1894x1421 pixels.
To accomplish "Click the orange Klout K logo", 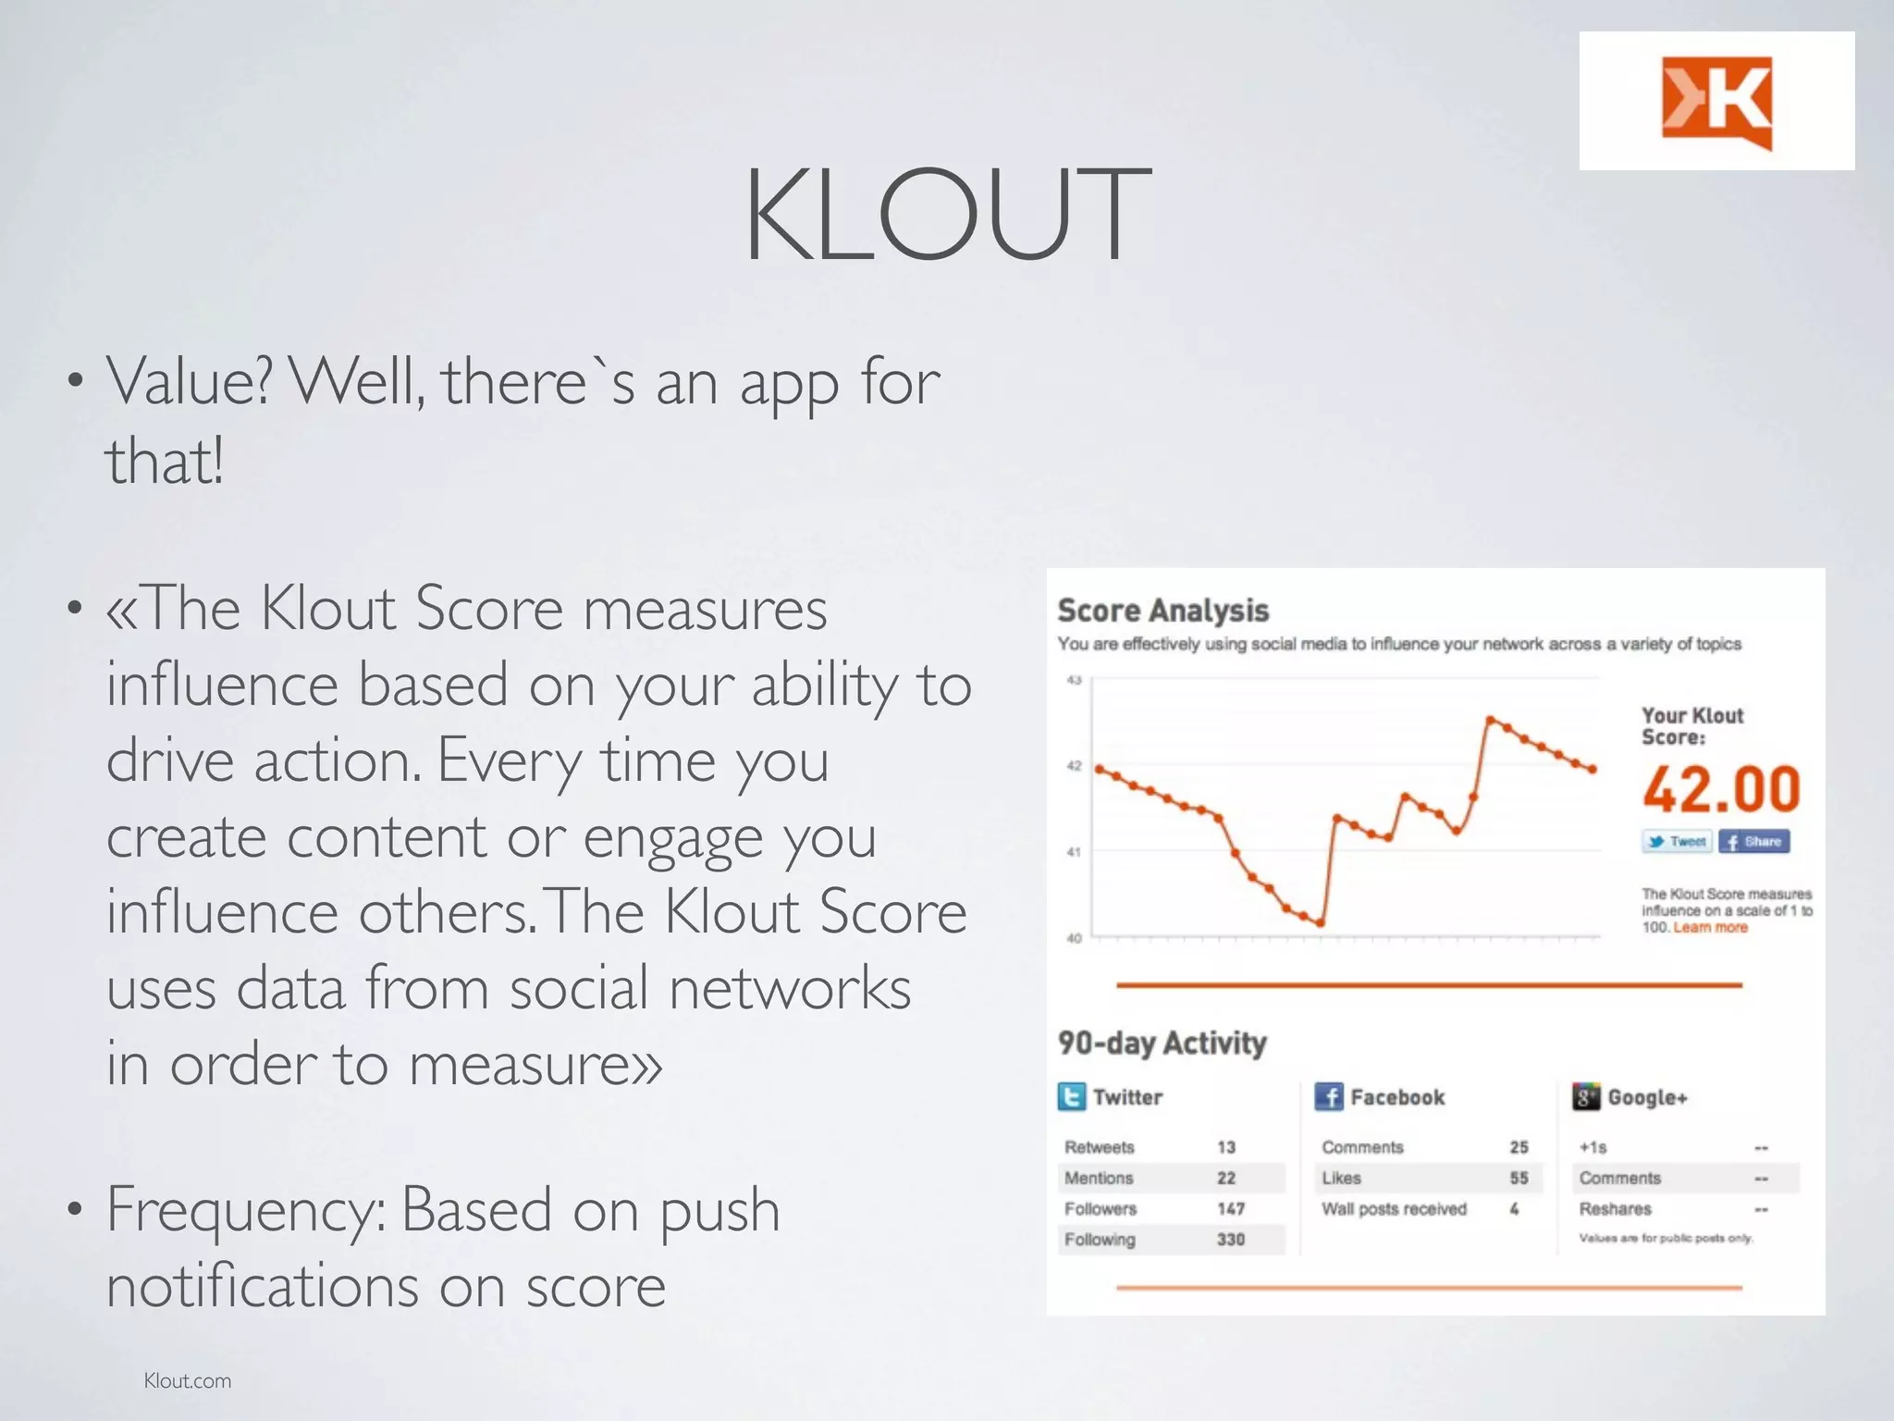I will point(1716,102).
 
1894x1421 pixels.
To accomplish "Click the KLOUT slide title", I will point(947,215).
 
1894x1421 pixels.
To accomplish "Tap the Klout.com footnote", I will point(188,1380).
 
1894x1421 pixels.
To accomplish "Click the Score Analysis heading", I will point(1162,611).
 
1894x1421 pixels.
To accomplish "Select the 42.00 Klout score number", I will point(1721,789).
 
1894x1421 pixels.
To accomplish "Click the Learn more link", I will point(1710,927).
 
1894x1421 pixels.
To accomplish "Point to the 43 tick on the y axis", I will point(1074,680).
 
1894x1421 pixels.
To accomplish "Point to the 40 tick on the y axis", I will point(1074,938).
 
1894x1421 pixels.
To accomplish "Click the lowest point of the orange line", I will point(1321,922).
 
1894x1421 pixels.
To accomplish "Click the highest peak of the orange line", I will point(1490,719).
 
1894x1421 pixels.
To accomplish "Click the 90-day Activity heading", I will point(1162,1044).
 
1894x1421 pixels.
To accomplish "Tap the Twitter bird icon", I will point(1071,1097).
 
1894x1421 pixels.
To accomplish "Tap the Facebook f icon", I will point(1328,1097).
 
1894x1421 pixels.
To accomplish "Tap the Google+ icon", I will point(1585,1097).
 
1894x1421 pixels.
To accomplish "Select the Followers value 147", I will point(1231,1209).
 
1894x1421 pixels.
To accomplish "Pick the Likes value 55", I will point(1519,1178).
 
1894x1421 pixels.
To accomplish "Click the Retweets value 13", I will point(1226,1147).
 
